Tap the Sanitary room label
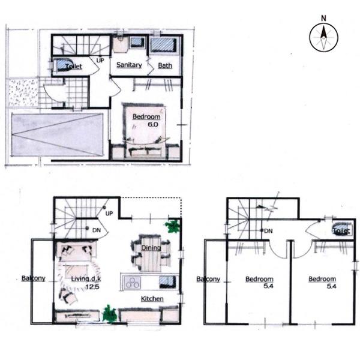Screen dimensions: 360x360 tap(129, 65)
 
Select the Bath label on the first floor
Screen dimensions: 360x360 tap(165, 65)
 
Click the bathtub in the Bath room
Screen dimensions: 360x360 tap(164, 45)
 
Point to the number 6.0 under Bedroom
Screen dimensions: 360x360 tap(153, 124)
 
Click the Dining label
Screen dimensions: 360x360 tap(151, 248)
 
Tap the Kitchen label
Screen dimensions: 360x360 tap(152, 299)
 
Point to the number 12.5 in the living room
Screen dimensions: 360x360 tap(92, 287)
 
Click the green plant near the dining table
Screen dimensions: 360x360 tap(173, 226)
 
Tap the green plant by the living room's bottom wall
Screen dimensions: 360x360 tap(110, 314)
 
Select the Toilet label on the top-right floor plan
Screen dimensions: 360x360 tap(341, 230)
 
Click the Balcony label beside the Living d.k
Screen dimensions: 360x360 tap(33, 278)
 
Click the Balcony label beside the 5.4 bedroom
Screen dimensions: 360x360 tap(208, 279)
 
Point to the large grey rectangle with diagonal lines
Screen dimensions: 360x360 tap(57, 134)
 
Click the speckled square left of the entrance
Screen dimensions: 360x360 tap(23, 92)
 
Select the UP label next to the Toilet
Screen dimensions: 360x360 tap(100, 61)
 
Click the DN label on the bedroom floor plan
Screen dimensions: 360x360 tap(268, 231)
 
